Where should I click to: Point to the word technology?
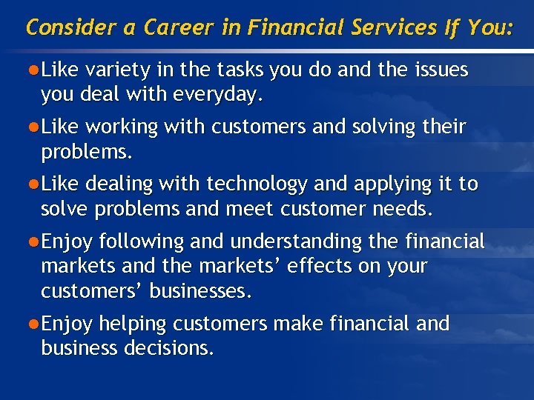point(255,184)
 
